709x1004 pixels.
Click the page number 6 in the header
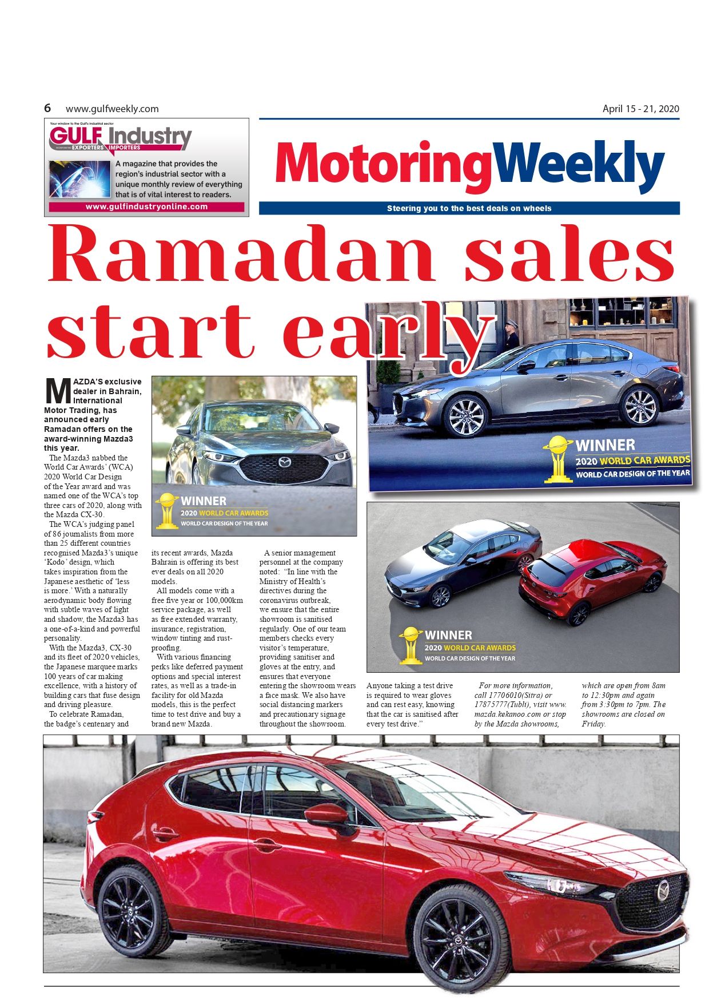(47, 108)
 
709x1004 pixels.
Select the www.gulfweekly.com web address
(112, 109)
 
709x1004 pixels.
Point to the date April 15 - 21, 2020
(640, 109)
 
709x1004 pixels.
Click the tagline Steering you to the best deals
(469, 208)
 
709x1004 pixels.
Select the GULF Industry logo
(120, 138)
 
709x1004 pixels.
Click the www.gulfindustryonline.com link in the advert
(146, 207)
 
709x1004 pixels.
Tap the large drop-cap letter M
(57, 391)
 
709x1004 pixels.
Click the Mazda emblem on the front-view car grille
(284, 462)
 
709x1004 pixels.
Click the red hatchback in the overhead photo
(592, 581)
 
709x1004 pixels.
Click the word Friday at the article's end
(593, 724)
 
